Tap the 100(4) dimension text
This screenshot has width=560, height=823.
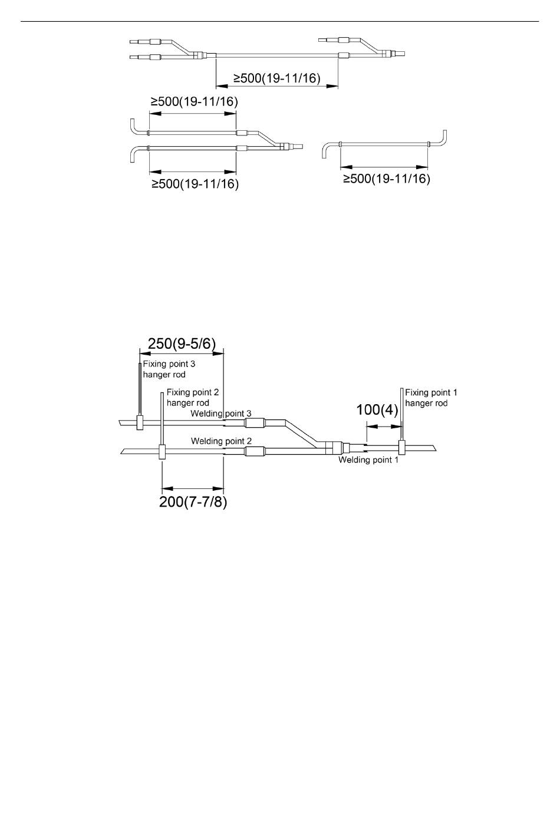click(377, 410)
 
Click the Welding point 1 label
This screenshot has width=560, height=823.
click(368, 460)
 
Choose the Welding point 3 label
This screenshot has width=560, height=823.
click(221, 414)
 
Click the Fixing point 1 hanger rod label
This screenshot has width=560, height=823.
click(431, 398)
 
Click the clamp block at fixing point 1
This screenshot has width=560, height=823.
click(401, 447)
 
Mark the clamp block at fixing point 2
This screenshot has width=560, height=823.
click(162, 452)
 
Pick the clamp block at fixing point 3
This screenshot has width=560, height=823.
click(140, 422)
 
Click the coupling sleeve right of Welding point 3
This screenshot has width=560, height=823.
click(255, 422)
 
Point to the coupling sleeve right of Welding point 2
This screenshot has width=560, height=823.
click(255, 452)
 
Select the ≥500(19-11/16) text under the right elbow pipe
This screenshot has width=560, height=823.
click(387, 179)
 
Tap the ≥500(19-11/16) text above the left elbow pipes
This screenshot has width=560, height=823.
click(194, 102)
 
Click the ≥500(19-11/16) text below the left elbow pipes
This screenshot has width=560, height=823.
click(195, 184)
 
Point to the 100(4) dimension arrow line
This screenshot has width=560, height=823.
click(383, 428)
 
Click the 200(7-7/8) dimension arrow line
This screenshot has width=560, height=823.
click(193, 488)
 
